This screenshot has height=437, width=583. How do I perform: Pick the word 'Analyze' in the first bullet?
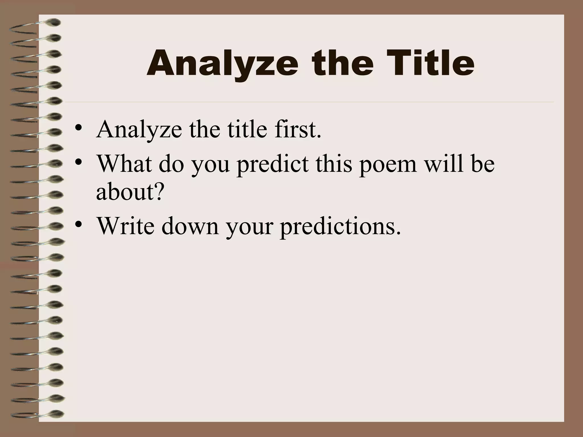[139, 130]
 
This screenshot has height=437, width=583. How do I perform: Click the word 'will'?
[444, 164]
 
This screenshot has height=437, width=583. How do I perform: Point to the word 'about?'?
[130, 192]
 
